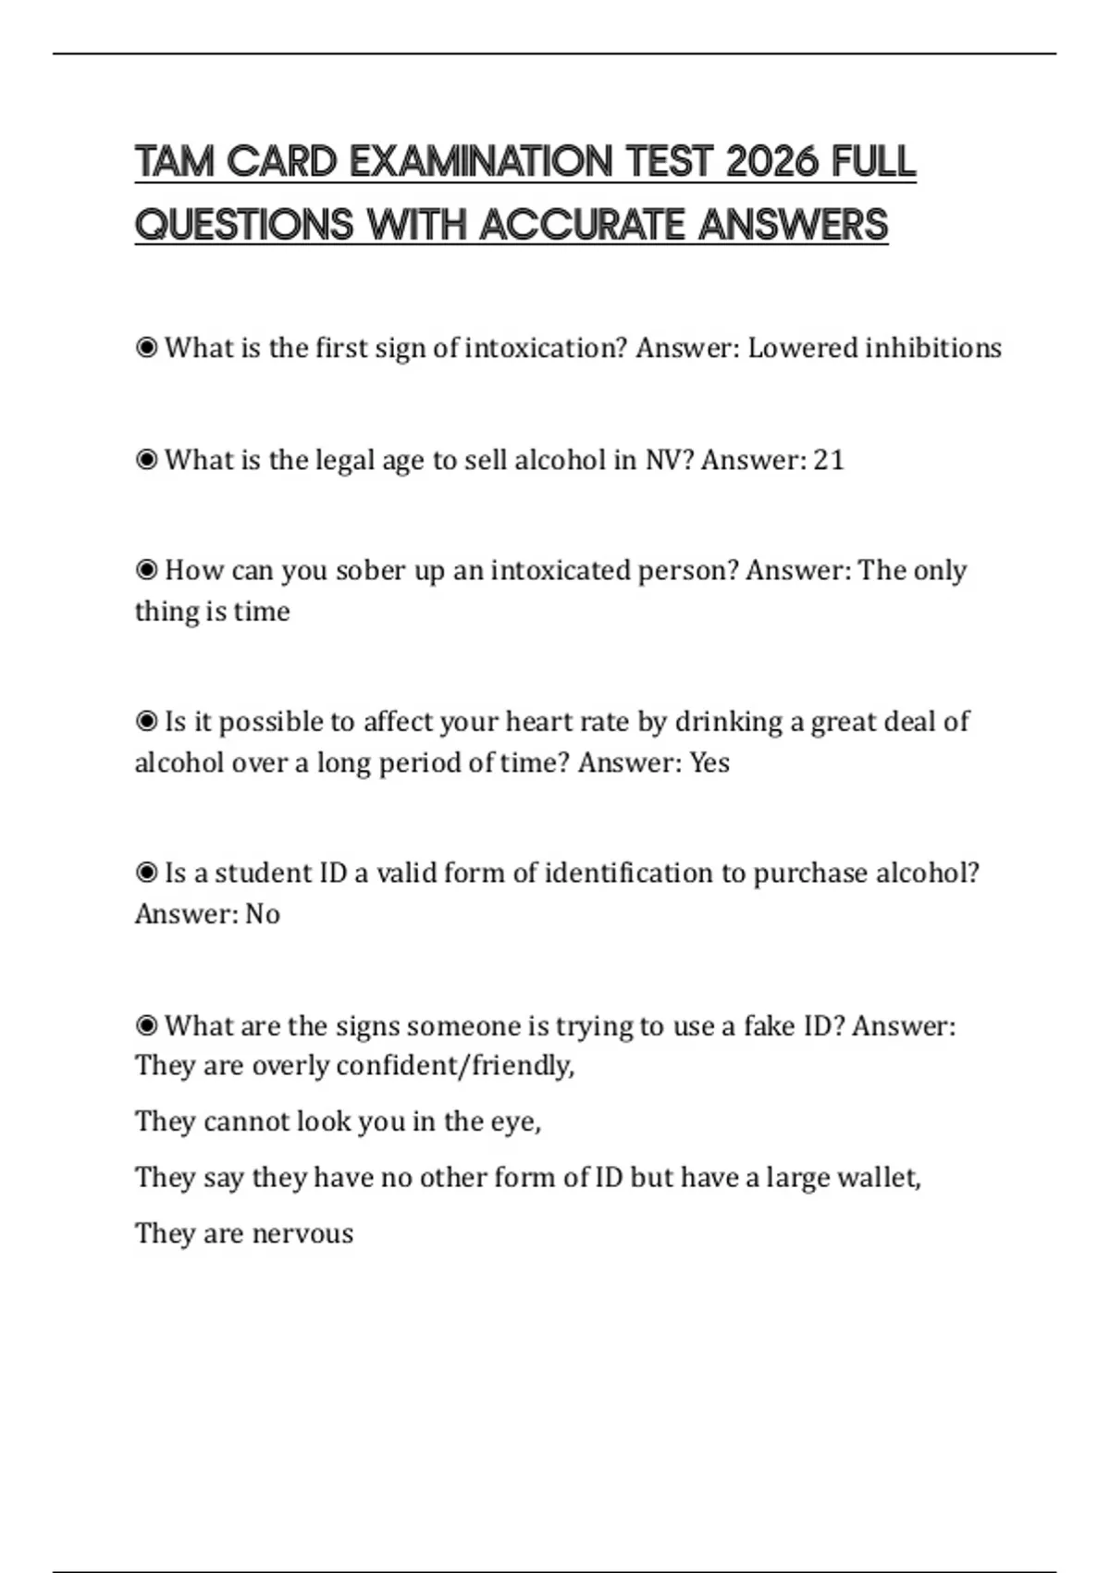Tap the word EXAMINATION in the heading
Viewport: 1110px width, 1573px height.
(x=481, y=162)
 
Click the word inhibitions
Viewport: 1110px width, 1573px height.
(x=933, y=348)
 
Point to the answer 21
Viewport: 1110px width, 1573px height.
(x=829, y=460)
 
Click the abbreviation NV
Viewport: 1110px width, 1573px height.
(x=662, y=460)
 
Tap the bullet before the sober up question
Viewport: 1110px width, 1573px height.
(x=146, y=570)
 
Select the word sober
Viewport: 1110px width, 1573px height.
(x=370, y=570)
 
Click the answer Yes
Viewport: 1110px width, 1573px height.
(x=709, y=762)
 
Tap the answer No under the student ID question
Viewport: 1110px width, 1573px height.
(x=263, y=914)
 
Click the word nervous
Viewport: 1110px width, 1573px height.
(x=302, y=1233)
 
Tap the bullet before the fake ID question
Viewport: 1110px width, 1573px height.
(x=146, y=1025)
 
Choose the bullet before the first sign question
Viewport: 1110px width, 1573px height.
(x=146, y=348)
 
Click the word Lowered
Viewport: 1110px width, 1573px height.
(x=802, y=348)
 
